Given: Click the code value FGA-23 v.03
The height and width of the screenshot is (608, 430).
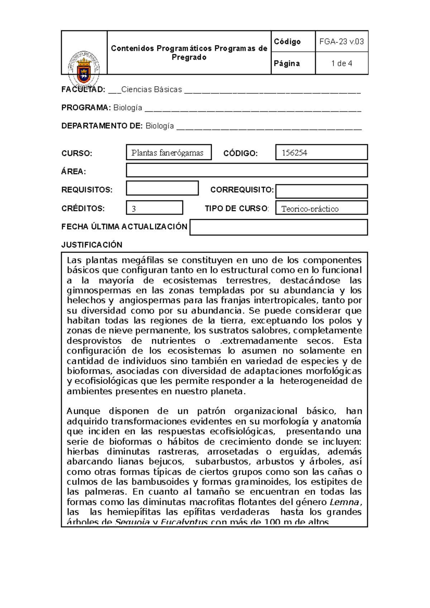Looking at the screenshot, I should (341, 42).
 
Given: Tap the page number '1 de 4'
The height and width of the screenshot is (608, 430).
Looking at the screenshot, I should (341, 63).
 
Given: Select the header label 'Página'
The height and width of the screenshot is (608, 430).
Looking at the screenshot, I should (287, 63).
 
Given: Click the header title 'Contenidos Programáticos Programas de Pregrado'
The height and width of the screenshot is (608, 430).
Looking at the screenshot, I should (189, 53).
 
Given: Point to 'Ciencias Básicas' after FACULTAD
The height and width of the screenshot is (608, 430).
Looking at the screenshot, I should (152, 90).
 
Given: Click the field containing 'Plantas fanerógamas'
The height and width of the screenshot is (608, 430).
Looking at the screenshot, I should (168, 153).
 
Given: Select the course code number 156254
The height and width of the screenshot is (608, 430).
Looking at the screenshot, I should (295, 153).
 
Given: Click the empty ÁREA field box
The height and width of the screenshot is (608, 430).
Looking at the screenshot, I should (247, 170).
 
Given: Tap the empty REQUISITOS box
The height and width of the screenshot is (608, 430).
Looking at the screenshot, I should (162, 188).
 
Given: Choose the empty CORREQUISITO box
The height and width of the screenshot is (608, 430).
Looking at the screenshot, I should (321, 191).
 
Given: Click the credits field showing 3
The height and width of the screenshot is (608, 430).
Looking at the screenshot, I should (154, 208).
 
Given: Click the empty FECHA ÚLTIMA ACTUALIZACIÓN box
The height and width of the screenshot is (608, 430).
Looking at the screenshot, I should (278, 227).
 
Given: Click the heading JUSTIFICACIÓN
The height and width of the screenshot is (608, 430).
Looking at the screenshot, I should (92, 245).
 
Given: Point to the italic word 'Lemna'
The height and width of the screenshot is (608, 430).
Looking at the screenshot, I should (344, 502).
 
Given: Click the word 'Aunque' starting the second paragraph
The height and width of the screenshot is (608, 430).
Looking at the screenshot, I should (82, 411).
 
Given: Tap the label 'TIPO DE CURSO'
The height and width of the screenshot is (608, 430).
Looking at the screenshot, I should (236, 208).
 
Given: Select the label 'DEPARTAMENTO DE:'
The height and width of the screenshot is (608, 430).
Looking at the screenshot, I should (102, 126).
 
